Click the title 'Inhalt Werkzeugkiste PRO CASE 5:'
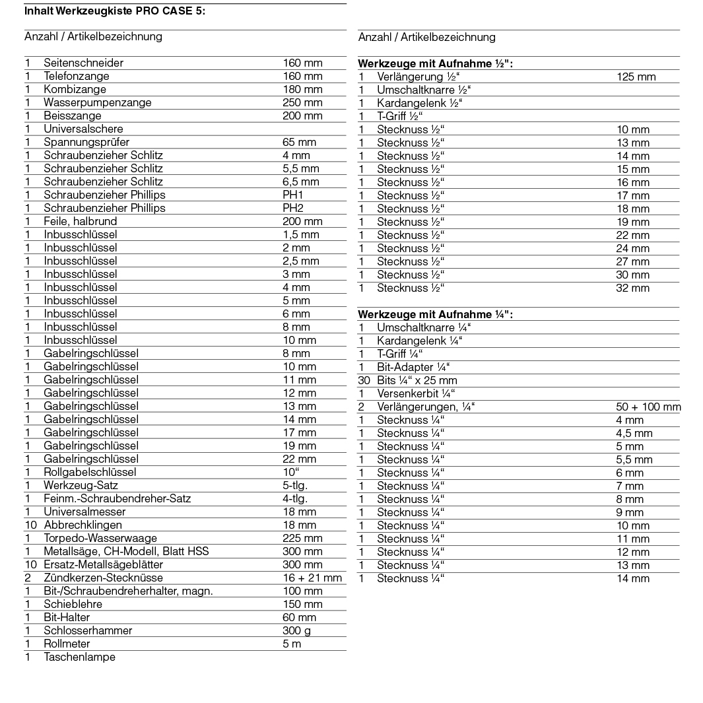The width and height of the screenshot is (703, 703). tap(114, 11)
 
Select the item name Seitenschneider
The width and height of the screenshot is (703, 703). tap(83, 63)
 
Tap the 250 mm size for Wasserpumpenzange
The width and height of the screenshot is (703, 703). tap(302, 102)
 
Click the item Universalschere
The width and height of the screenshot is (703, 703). tap(83, 129)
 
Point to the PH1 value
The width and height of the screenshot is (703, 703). tap(293, 195)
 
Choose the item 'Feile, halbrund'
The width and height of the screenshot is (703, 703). tap(80, 221)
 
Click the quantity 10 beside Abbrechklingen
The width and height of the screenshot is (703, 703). tap(30, 525)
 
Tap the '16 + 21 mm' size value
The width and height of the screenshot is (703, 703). tap(312, 578)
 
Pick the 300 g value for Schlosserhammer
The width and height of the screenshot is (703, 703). tap(296, 630)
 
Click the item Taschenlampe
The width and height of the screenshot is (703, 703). tap(79, 657)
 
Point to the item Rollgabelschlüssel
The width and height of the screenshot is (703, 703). tap(90, 472)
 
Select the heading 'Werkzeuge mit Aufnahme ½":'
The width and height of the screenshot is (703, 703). tap(435, 64)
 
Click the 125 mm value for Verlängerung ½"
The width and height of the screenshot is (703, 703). tap(636, 77)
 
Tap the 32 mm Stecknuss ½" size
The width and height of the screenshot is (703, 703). tap(632, 288)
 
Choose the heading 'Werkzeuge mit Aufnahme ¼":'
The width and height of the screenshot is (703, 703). tap(435, 315)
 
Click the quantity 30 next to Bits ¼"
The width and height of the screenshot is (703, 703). tap(364, 380)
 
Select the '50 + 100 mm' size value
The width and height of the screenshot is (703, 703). tap(648, 407)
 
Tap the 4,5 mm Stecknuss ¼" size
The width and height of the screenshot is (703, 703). tap(634, 433)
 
